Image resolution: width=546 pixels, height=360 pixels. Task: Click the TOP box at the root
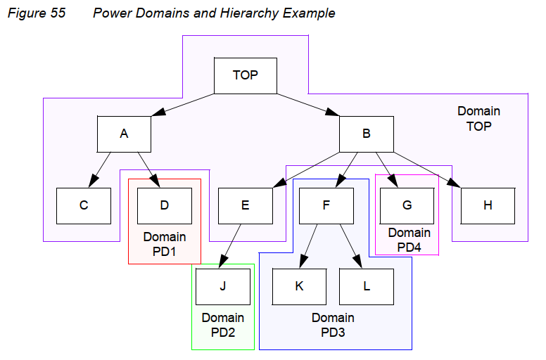click(x=245, y=75)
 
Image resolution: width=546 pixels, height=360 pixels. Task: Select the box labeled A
click(x=125, y=133)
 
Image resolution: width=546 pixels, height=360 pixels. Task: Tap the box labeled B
click(x=366, y=133)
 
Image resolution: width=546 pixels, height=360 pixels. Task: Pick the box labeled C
click(x=84, y=205)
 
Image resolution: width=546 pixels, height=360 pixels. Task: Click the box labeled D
click(x=164, y=205)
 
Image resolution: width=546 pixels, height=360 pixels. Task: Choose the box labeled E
click(x=245, y=205)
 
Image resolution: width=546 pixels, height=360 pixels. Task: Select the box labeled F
click(x=326, y=205)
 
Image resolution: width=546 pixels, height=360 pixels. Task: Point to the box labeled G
click(x=407, y=205)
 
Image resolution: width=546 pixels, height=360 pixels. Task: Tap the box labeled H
click(x=488, y=205)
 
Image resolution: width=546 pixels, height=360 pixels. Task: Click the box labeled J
click(x=222, y=287)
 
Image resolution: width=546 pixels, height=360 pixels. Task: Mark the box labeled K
click(x=299, y=287)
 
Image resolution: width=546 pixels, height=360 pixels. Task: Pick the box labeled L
click(x=366, y=287)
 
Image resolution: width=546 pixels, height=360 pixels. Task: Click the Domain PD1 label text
click(x=164, y=244)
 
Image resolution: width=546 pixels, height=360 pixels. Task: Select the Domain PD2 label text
click(x=222, y=325)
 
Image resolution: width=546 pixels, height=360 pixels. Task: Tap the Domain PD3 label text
click(x=333, y=325)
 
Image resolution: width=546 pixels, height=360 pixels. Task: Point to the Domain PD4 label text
click(x=409, y=240)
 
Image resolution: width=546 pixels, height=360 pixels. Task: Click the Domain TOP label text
click(x=478, y=119)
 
